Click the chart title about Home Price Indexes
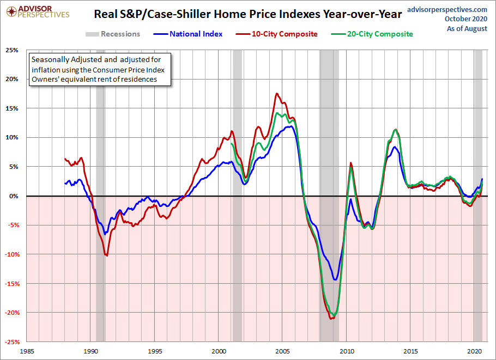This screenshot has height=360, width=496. point(248,13)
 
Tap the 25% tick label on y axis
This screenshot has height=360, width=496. point(11,50)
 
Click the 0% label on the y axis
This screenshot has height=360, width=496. point(14,196)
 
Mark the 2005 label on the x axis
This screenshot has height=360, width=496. point(282,352)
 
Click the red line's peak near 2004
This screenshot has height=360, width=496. point(277,94)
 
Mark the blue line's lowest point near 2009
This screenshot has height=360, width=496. point(335,280)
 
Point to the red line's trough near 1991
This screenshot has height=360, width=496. point(107,255)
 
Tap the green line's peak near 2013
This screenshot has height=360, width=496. point(395,130)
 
